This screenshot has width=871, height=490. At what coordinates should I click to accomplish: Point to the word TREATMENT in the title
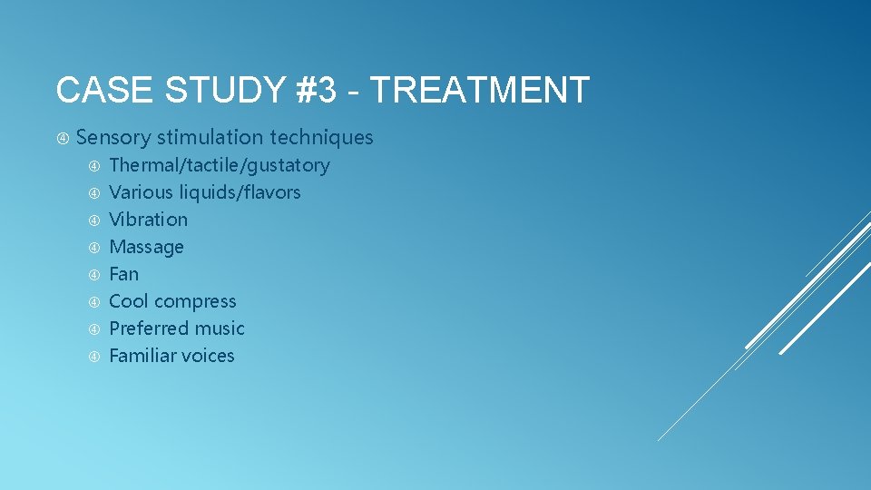(x=480, y=91)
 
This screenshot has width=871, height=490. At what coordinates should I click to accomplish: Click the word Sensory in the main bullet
(x=113, y=138)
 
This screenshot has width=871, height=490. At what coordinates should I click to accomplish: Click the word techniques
(x=324, y=138)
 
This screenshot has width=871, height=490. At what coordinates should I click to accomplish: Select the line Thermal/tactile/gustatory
(x=219, y=165)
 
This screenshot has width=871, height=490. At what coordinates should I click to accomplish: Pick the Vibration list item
(x=148, y=220)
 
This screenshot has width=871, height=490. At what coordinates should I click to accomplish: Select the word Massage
(x=146, y=247)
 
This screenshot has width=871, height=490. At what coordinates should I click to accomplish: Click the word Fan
(x=123, y=274)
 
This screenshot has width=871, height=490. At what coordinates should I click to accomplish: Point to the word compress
(x=197, y=302)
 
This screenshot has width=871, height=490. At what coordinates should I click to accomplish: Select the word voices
(x=210, y=356)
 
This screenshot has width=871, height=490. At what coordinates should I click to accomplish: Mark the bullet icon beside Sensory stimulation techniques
(x=64, y=138)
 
